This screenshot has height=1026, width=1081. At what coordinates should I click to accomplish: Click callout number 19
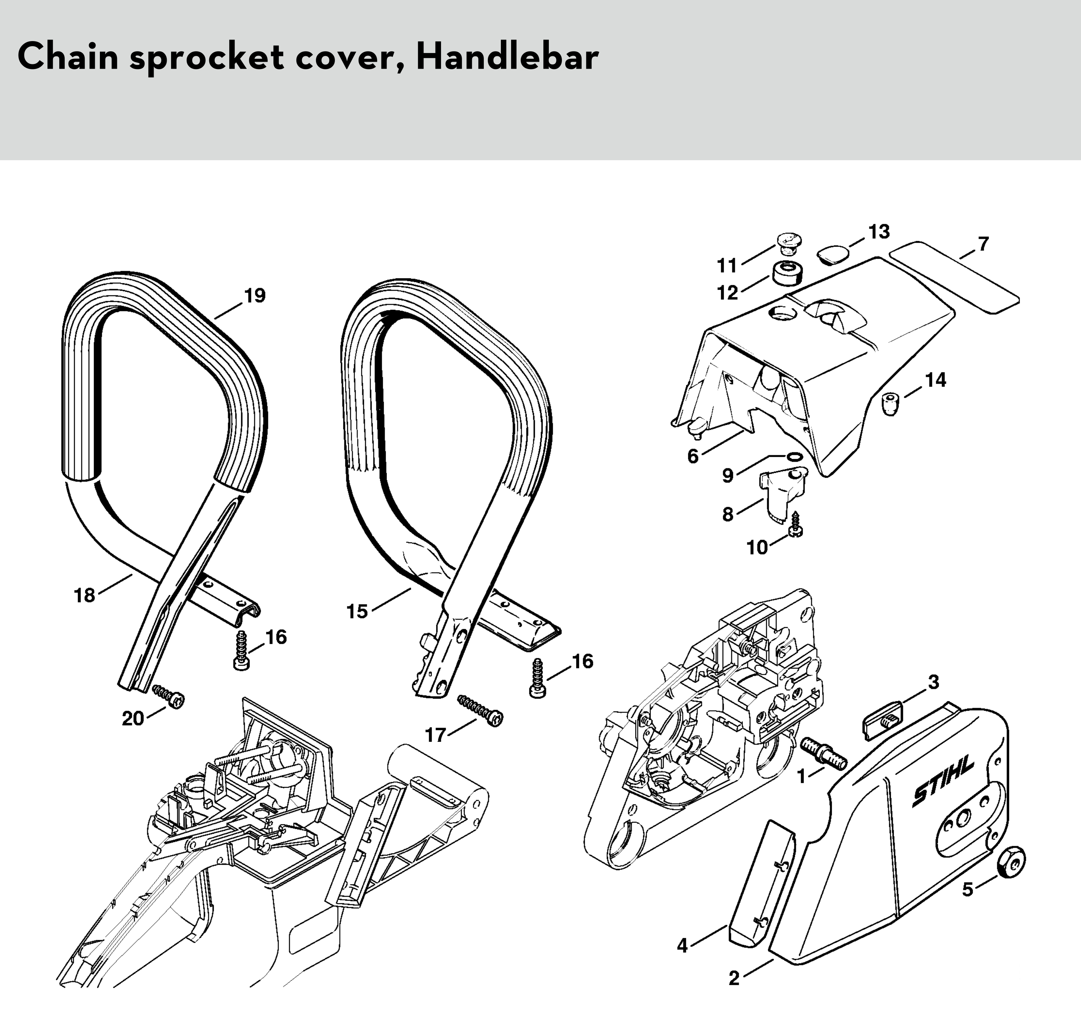(x=254, y=296)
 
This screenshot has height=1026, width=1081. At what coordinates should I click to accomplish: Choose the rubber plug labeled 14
(x=892, y=404)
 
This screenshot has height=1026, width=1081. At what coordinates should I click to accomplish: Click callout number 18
(x=85, y=595)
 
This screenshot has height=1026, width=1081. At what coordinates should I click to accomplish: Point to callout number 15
(x=357, y=611)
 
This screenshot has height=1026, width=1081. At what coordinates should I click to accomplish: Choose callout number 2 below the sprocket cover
(x=734, y=978)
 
